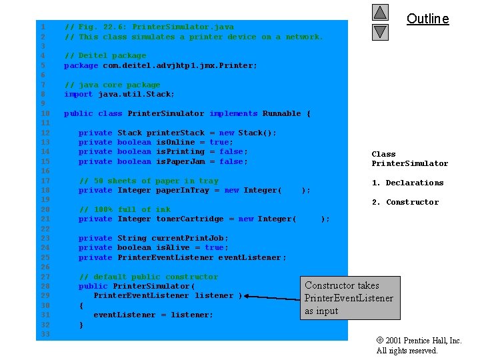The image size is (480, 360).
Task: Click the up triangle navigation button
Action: coord(380,12)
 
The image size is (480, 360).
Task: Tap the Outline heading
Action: coord(427,19)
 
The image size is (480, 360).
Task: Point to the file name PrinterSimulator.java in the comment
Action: coord(183,27)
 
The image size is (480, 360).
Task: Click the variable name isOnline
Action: coord(175,142)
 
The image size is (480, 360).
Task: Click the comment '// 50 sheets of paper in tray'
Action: coord(149,181)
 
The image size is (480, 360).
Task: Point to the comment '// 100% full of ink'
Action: coord(125,209)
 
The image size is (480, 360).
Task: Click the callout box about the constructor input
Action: coord(350,298)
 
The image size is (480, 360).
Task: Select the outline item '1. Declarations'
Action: coord(407,183)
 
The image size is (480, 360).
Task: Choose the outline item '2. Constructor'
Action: coord(405,202)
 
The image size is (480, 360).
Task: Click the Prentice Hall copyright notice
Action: coord(419,345)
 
